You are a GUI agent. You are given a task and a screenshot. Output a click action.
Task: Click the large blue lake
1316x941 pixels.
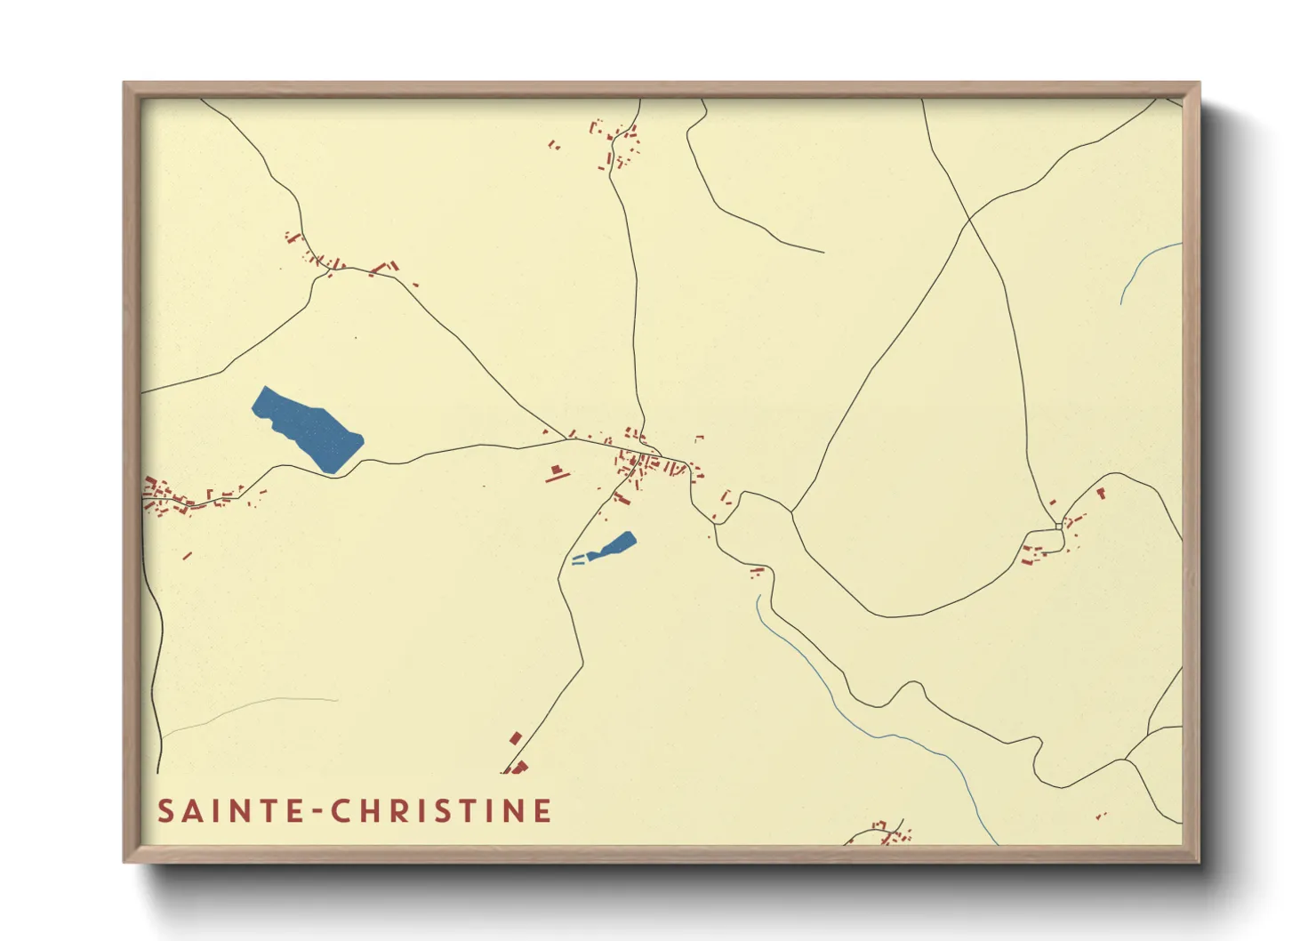307,429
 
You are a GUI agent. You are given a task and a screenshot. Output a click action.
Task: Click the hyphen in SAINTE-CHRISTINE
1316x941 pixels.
317,811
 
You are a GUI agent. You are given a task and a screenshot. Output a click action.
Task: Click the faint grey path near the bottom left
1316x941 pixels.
249,707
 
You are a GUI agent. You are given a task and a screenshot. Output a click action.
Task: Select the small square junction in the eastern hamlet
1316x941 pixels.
1058,527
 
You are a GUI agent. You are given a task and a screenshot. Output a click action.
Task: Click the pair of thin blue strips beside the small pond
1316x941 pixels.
578,559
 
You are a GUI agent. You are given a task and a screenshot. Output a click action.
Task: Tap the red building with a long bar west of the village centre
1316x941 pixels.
558,473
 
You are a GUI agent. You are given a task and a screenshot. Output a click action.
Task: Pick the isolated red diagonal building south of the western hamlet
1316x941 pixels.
188,556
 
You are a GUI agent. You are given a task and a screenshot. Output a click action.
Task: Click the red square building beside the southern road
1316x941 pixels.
515,738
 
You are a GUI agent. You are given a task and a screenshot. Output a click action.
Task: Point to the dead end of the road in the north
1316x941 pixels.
822,252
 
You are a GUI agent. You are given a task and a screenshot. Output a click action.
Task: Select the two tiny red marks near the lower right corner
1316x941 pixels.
1101,815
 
